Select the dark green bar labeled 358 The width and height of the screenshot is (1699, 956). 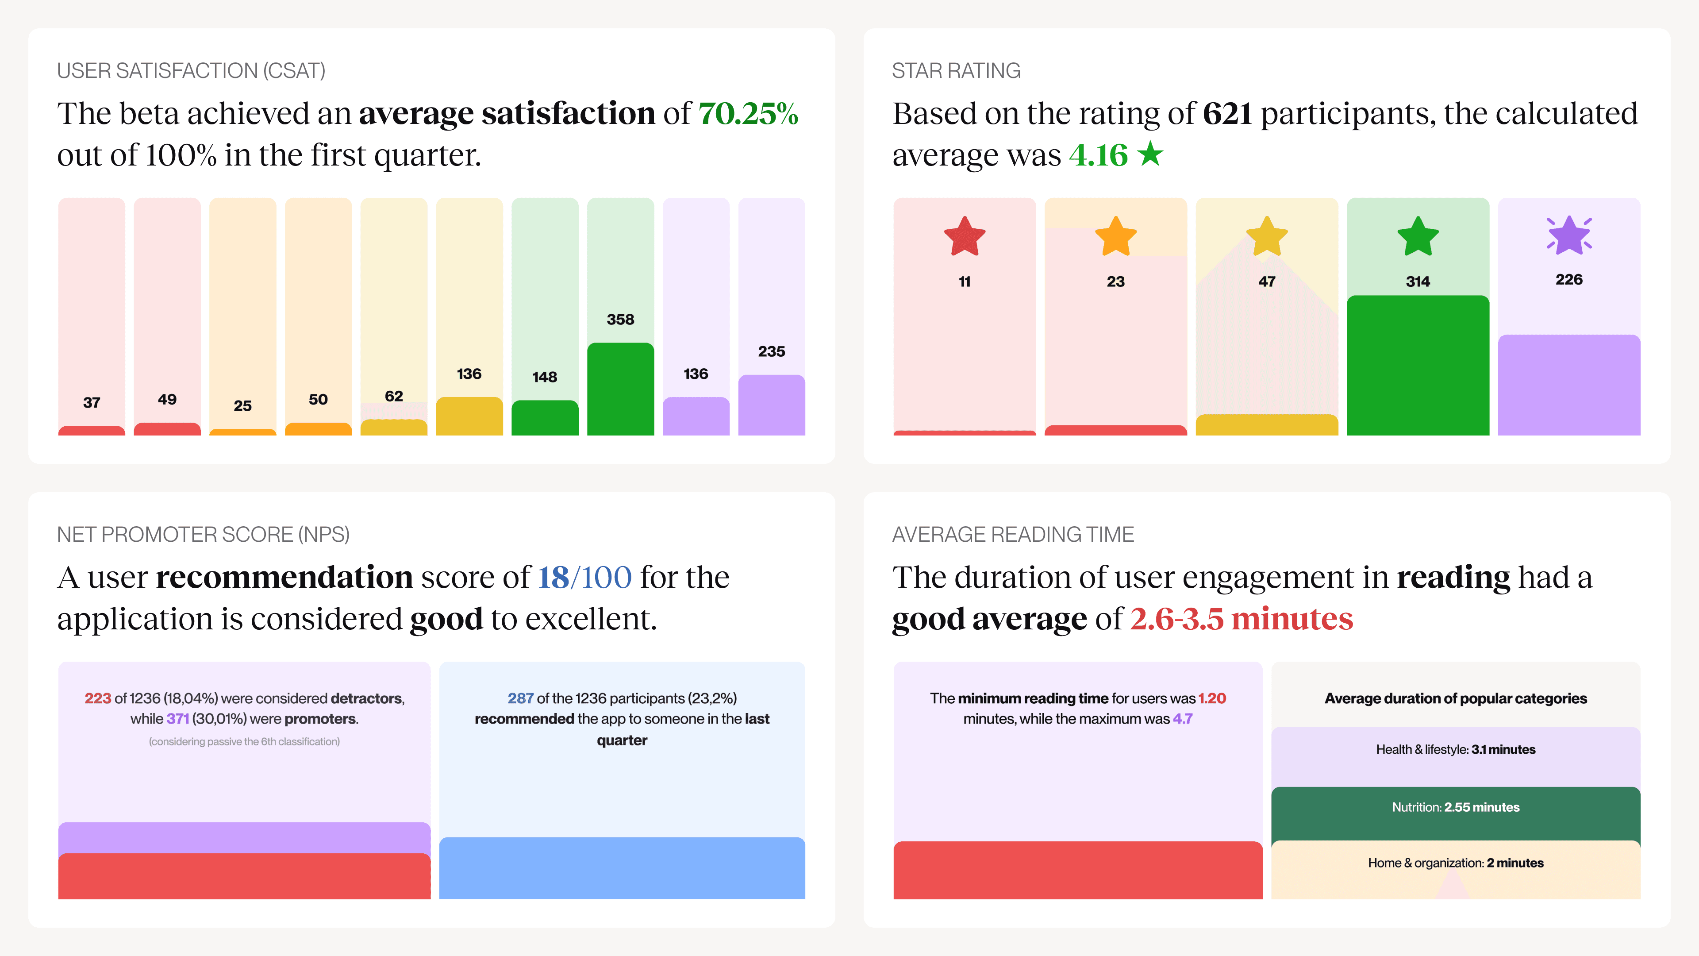620,389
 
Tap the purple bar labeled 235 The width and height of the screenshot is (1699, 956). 771,405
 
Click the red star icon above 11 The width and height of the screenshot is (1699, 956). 964,237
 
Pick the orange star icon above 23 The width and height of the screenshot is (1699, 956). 1115,237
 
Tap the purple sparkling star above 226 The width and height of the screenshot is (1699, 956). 1569,235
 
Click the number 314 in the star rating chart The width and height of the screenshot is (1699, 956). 1417,282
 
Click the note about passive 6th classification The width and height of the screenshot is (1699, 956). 244,742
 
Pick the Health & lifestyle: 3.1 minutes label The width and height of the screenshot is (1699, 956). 1456,749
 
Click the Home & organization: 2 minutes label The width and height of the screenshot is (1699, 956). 1456,863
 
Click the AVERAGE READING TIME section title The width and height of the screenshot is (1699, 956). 1012,534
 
